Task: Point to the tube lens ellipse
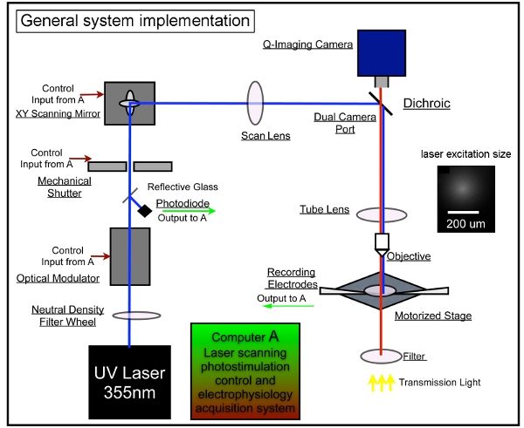(x=381, y=214)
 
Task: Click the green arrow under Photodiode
(x=184, y=210)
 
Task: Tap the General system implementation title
(x=132, y=19)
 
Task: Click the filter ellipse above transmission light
(x=381, y=355)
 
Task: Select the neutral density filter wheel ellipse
(x=129, y=317)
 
